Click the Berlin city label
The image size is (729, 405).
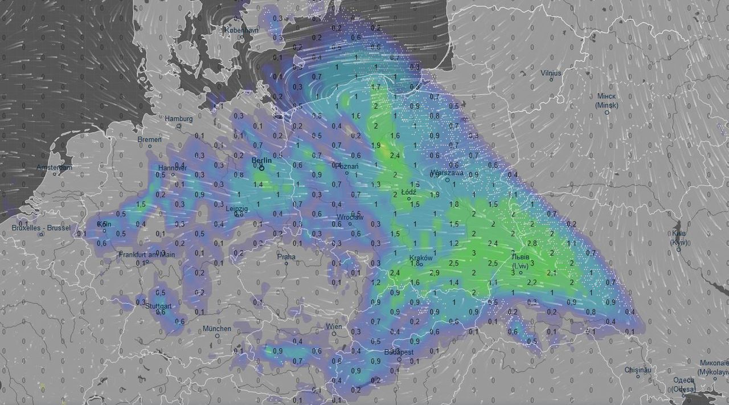(x=262, y=161)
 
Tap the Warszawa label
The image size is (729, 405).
(x=448, y=173)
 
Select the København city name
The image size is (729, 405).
(x=241, y=30)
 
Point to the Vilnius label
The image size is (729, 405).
(x=551, y=73)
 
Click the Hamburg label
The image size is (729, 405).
(x=179, y=118)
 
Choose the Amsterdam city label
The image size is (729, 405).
(x=55, y=167)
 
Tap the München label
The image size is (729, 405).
(x=217, y=329)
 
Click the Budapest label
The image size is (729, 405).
(x=399, y=352)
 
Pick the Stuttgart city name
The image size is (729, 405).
(x=158, y=305)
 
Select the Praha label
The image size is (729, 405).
(x=286, y=257)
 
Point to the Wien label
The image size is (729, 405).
(x=334, y=326)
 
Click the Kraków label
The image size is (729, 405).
(x=421, y=258)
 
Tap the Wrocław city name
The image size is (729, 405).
(x=350, y=217)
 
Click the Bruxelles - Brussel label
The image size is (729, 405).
(x=41, y=228)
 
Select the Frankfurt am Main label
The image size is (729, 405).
(x=147, y=255)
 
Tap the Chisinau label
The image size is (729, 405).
(x=638, y=370)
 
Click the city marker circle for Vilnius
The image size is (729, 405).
(x=551, y=79)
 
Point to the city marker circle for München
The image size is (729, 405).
(x=217, y=336)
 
